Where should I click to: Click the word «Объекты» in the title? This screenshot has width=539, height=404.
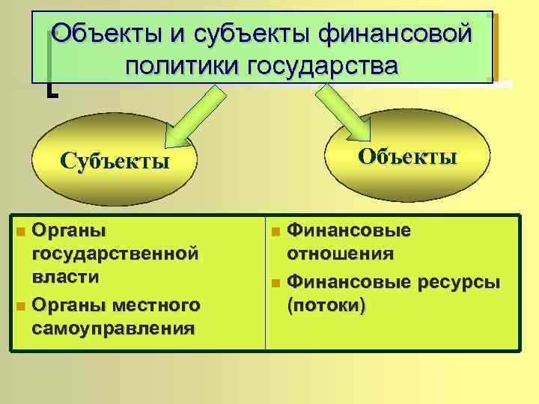(x=102, y=34)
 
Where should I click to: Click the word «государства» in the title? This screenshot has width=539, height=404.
(x=323, y=67)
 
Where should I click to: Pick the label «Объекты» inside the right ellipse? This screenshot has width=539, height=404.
(x=408, y=156)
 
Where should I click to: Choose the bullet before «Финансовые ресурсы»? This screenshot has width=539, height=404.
(x=275, y=284)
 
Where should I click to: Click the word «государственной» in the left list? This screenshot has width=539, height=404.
(x=116, y=254)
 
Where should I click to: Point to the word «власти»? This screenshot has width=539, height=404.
(x=67, y=277)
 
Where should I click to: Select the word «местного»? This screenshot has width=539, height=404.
(x=158, y=305)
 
